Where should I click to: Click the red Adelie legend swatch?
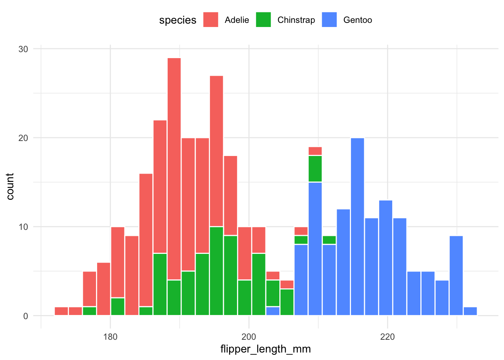(211, 20)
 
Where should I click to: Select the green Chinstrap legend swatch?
(263, 20)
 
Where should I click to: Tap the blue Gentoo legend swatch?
(329, 20)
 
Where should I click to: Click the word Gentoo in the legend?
(357, 20)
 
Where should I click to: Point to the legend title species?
(177, 20)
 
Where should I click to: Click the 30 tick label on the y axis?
(24, 49)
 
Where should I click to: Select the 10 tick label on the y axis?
(24, 227)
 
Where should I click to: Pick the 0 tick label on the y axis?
(26, 316)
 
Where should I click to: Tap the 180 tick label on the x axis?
(110, 337)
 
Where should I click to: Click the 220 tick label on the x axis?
(387, 337)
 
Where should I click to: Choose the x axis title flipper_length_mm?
(265, 349)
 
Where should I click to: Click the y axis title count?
(10, 186)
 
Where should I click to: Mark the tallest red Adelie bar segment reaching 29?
(174, 169)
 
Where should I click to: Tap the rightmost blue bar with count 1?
(470, 311)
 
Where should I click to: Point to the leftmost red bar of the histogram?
(61, 311)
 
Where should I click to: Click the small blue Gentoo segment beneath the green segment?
(273, 311)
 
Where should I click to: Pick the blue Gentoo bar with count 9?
(456, 276)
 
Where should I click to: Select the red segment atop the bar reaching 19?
(315, 151)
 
